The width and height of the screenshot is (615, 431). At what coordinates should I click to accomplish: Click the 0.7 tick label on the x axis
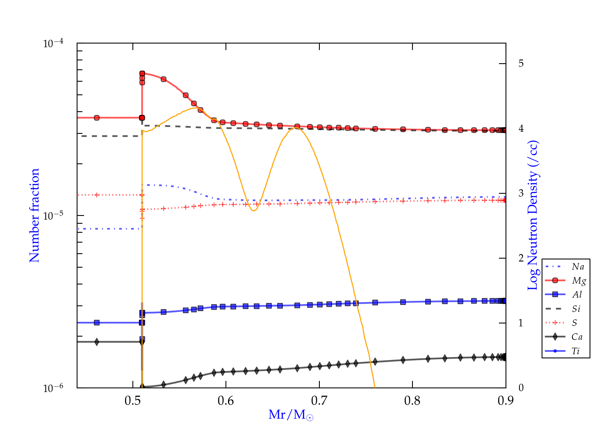pyautogui.click(x=319, y=400)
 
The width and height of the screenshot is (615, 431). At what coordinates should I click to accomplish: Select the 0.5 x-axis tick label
pyautogui.click(x=133, y=400)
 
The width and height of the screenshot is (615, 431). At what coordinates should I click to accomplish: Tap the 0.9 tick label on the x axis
pyautogui.click(x=506, y=400)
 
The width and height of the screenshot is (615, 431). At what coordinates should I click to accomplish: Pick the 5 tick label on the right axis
pyautogui.click(x=521, y=64)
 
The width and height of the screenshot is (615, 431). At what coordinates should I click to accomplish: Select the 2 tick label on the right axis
pyautogui.click(x=521, y=258)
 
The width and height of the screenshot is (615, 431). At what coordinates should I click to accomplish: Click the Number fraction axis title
pyautogui.click(x=34, y=215)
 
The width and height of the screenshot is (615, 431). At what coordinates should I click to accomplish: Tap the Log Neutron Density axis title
pyautogui.click(x=533, y=215)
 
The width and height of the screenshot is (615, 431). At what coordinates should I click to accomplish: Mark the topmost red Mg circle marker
pyautogui.click(x=142, y=73)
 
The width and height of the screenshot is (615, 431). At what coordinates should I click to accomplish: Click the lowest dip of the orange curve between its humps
pyautogui.click(x=254, y=211)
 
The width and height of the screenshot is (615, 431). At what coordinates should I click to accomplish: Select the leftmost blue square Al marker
pyautogui.click(x=97, y=323)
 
